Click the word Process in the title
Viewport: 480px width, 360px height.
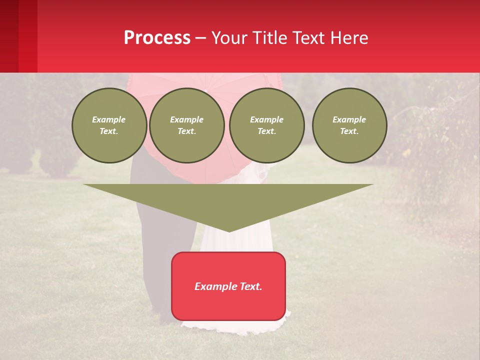[x=157, y=38]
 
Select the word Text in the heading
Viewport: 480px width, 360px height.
[x=308, y=38]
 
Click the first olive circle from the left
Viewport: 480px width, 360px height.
[x=109, y=125]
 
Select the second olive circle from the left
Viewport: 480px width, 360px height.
[x=186, y=125]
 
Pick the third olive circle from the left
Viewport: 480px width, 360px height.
[x=266, y=125]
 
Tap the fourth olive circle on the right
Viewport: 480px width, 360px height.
[x=349, y=125]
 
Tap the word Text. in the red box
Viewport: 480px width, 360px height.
[x=250, y=286]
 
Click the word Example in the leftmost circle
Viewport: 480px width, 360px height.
[x=109, y=119]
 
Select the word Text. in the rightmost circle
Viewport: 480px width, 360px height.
[x=349, y=131]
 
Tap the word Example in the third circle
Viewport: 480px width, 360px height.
[x=266, y=119]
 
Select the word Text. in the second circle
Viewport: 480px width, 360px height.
[x=186, y=131]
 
